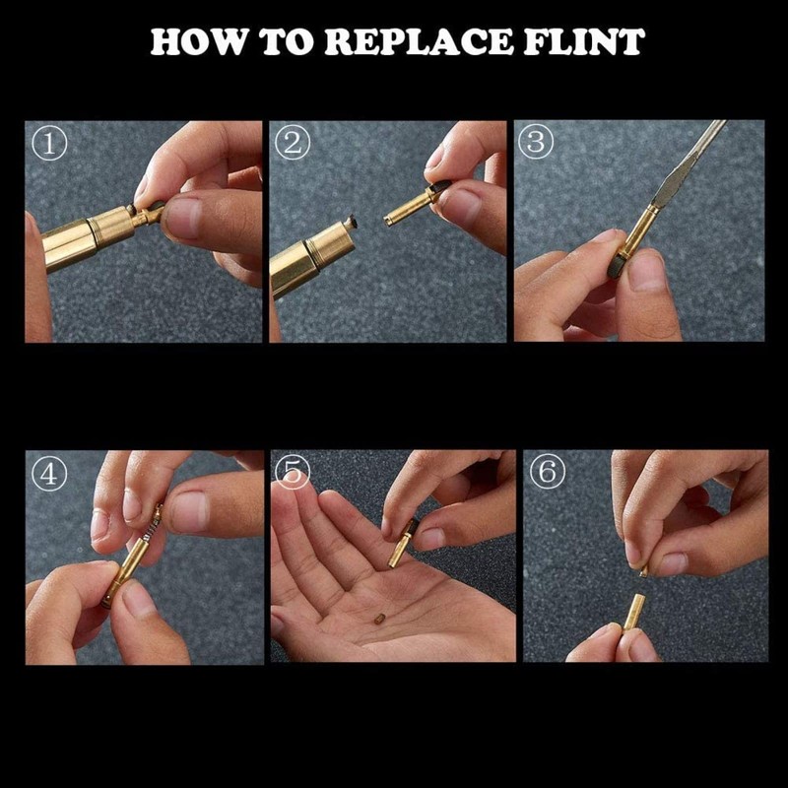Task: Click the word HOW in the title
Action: click(199, 41)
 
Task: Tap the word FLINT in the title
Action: click(584, 41)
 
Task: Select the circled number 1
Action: click(49, 144)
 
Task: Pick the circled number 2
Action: click(293, 143)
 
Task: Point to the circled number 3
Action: click(536, 142)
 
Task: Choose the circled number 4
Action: click(49, 474)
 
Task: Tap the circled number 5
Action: click(293, 472)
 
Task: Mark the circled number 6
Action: click(548, 472)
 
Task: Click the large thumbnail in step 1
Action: click(183, 218)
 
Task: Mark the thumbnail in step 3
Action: click(647, 271)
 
